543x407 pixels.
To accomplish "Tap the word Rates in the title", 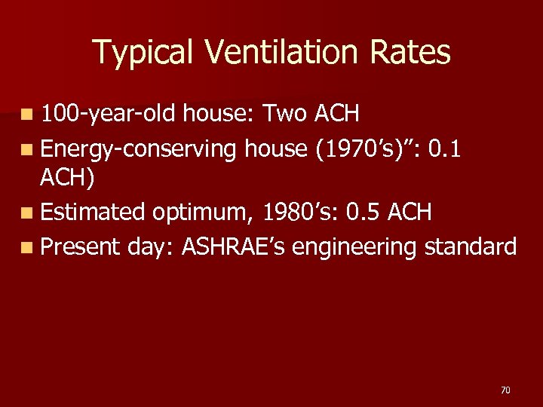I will [x=413, y=53].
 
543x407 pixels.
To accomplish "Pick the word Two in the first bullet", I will [x=286, y=114].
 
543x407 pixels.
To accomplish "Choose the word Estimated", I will [x=93, y=213].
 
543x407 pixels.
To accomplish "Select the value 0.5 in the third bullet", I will [x=364, y=213].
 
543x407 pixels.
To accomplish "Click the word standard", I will [x=471, y=246].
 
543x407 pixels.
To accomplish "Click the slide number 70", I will [x=505, y=390].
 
